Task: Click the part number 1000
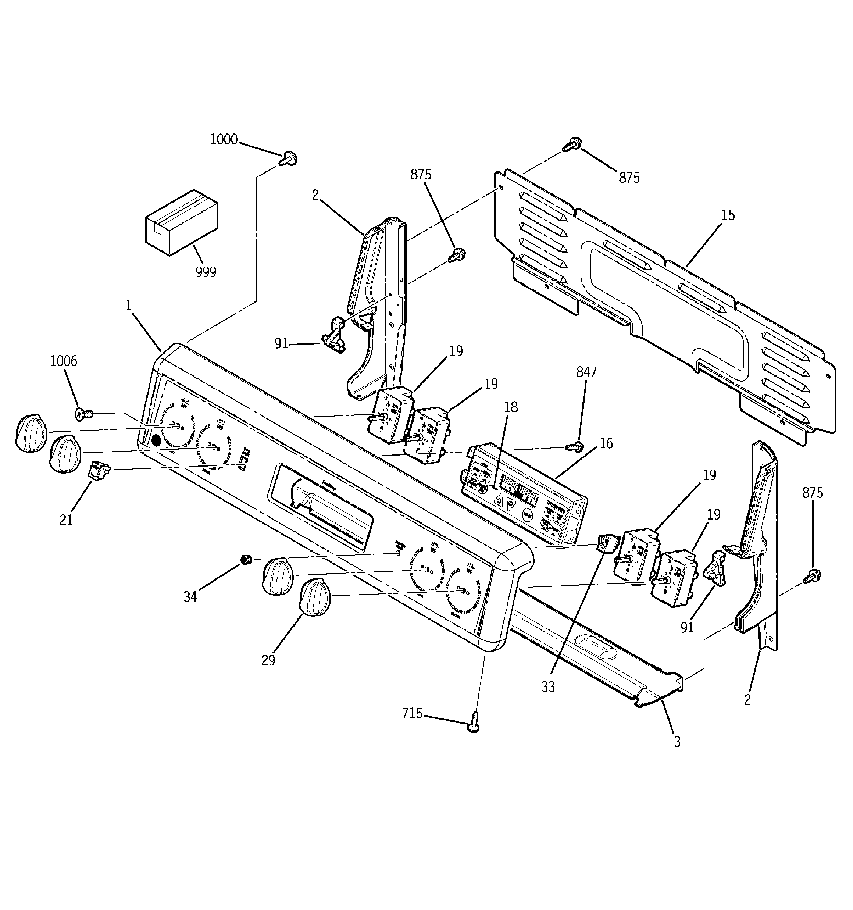[224, 139]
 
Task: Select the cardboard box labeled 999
[181, 222]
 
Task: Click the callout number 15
[728, 215]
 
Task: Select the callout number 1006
[64, 361]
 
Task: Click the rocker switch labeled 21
[99, 469]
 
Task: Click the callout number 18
[511, 407]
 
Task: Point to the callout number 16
[606, 443]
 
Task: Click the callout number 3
[677, 741]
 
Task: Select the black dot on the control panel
[157, 440]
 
